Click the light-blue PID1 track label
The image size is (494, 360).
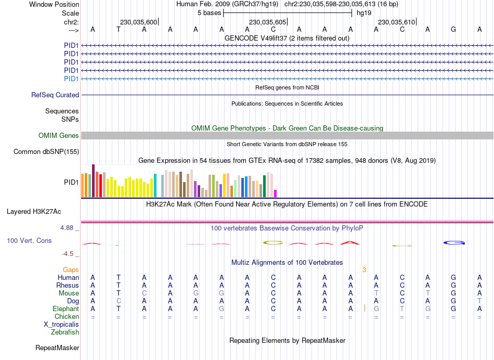click(71, 79)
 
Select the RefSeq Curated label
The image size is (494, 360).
click(55, 95)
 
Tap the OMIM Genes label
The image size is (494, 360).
click(59, 136)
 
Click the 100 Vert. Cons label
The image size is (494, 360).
click(29, 241)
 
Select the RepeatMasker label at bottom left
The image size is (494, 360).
click(57, 348)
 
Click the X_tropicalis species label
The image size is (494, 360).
click(61, 324)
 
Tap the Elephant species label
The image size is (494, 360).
click(65, 308)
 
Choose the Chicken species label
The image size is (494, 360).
click(67, 316)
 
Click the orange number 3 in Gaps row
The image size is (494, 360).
click(364, 269)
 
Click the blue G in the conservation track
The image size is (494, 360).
click(453, 243)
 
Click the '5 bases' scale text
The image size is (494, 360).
click(209, 12)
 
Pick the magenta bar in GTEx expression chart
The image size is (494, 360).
click(276, 194)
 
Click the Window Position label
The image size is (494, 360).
click(54, 4)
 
